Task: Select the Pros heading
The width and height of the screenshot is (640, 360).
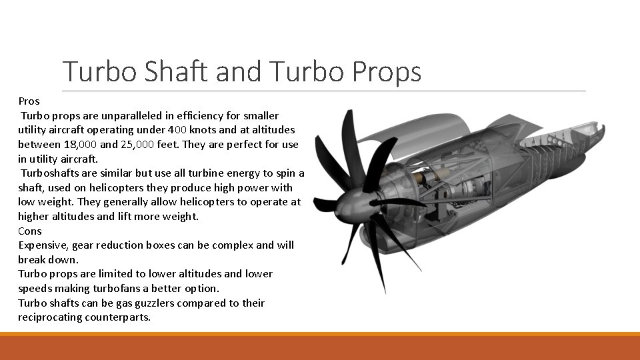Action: (29, 101)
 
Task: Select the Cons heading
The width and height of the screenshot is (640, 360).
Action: (30, 231)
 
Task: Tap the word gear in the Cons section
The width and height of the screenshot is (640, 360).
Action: (84, 245)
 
